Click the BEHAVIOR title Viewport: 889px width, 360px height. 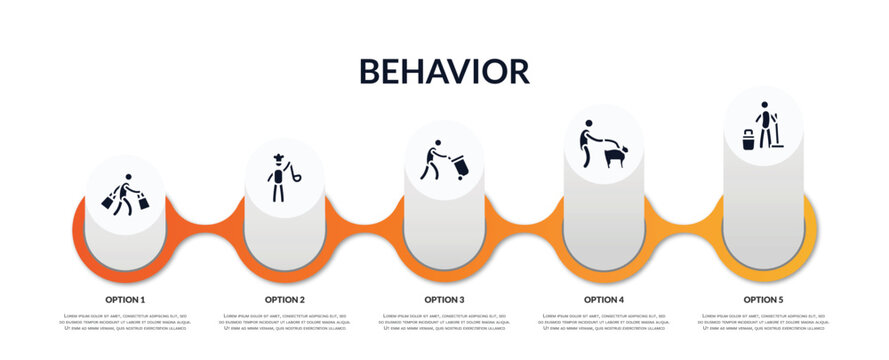444,71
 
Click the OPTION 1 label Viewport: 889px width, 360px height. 125,299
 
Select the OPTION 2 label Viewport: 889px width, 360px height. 285,299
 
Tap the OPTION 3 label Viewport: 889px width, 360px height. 444,299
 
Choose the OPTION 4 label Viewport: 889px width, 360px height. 604,299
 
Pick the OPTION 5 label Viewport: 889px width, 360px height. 763,299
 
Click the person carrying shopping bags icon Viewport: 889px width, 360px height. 125,194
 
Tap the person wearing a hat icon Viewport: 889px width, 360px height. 277,179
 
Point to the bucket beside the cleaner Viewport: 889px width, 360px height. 748,139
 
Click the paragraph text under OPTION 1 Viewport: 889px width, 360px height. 125,322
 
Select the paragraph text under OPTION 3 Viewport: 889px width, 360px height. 444,322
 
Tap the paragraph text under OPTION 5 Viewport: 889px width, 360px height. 763,322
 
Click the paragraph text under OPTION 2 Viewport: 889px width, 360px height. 285,322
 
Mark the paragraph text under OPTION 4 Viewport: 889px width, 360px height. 604,322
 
